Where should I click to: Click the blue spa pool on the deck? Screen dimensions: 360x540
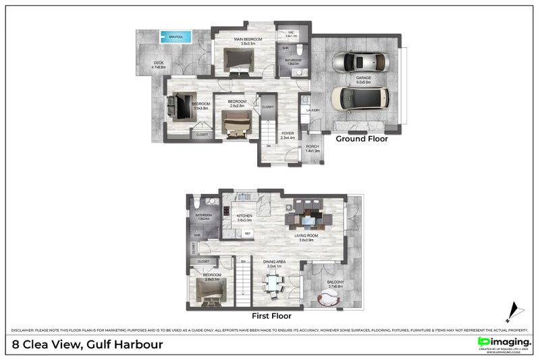(x=175, y=36)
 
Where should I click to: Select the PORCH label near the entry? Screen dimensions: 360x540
(x=313, y=149)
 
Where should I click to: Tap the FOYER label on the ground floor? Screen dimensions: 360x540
(x=288, y=135)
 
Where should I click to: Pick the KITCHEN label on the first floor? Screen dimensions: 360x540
(x=244, y=217)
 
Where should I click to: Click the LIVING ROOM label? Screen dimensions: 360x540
(x=306, y=237)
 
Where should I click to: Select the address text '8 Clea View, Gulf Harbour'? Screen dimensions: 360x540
(x=88, y=344)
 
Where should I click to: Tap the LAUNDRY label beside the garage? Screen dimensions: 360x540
(x=313, y=110)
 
